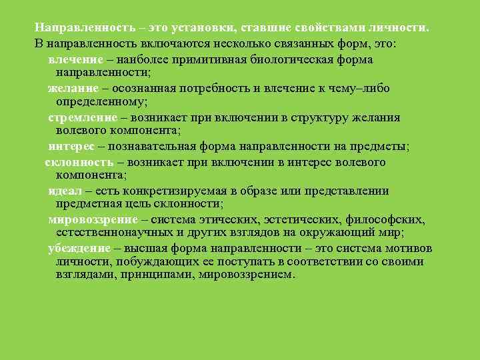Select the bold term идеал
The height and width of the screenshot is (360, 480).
click(x=65, y=191)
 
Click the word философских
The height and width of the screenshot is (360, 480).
click(x=387, y=220)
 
